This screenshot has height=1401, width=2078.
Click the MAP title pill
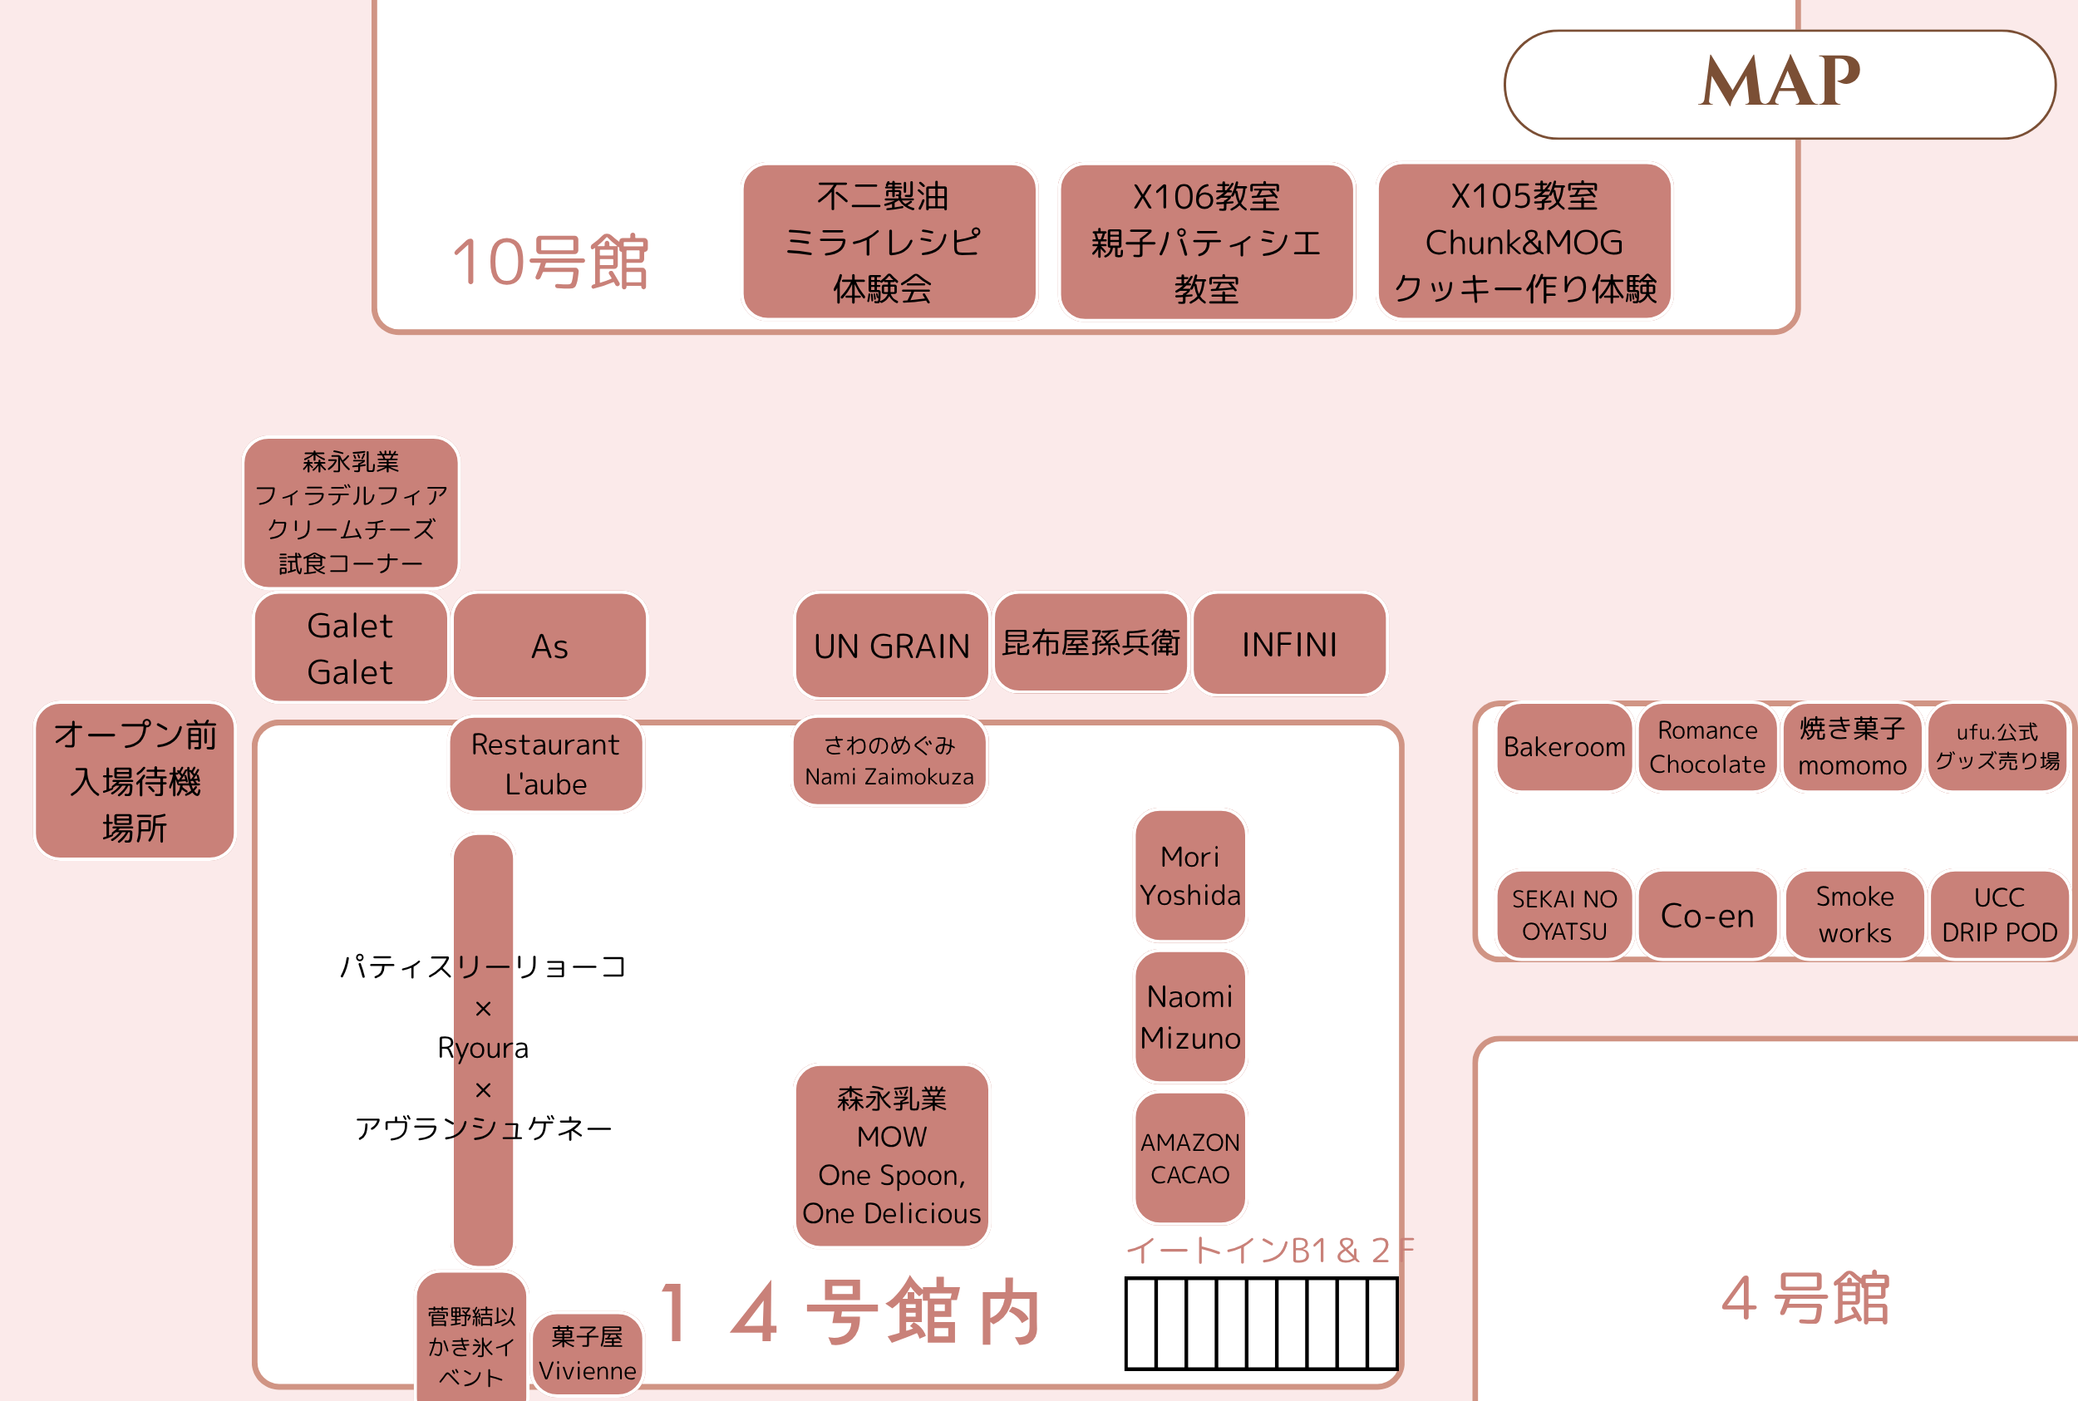tap(1779, 84)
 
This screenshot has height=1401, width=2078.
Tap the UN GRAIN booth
tap(891, 645)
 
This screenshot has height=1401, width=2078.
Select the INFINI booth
tap(1289, 644)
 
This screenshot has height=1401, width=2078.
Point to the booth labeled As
tap(549, 646)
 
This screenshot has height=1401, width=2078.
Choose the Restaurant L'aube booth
tap(545, 764)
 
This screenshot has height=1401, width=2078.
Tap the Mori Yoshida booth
tap(1189, 876)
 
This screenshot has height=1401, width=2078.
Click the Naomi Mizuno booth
tap(1189, 1017)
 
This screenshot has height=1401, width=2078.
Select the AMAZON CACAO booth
tap(1189, 1158)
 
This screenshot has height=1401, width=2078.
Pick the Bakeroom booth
tap(1563, 747)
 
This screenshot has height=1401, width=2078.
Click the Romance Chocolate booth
tap(1707, 747)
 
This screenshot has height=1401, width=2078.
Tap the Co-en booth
tap(1707, 916)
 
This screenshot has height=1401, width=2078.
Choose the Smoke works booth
tap(1854, 915)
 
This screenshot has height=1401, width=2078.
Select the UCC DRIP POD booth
tap(1999, 915)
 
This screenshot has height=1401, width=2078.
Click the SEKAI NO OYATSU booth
tap(1563, 915)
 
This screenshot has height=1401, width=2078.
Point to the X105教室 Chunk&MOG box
tap(1524, 241)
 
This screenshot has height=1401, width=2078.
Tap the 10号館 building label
tap(549, 263)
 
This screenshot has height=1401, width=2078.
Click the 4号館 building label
tap(1805, 1297)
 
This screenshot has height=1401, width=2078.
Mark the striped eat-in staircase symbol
tap(1260, 1323)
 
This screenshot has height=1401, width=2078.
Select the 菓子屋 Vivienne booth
tap(587, 1354)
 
